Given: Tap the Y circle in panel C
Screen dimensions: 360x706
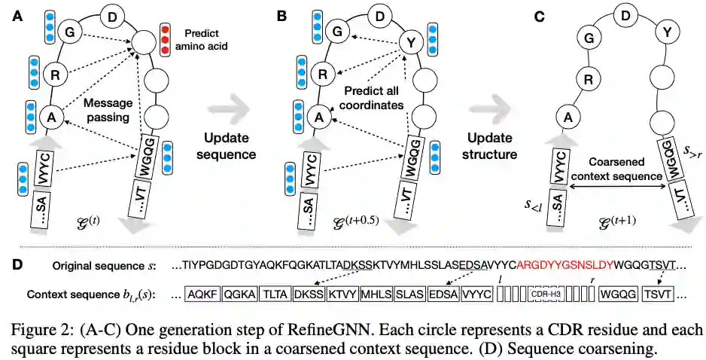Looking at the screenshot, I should (x=664, y=32).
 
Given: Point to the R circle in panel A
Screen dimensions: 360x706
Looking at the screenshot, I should (x=53, y=75).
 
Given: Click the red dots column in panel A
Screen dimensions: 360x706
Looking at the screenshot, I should (x=166, y=41).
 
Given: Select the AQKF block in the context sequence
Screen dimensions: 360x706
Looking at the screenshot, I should (x=204, y=295).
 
